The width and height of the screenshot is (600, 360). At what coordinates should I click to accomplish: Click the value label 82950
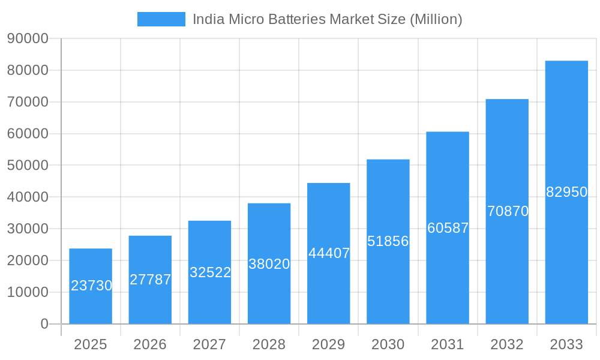click(x=566, y=192)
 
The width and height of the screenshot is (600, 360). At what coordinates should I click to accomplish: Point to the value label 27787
click(x=150, y=280)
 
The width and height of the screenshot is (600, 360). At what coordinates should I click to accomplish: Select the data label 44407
click(x=329, y=253)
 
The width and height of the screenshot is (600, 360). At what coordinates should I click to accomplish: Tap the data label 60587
click(x=448, y=228)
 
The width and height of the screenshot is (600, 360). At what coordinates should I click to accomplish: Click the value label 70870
click(x=508, y=211)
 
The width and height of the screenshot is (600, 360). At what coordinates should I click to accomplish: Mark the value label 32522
click(x=210, y=272)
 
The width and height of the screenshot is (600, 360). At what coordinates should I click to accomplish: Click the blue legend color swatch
click(x=161, y=19)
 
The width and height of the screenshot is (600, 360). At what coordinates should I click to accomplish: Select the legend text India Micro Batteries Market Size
click(x=327, y=19)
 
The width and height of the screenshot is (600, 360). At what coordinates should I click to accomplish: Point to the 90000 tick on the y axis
click(x=28, y=38)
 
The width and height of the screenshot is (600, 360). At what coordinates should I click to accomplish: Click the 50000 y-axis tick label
click(x=28, y=166)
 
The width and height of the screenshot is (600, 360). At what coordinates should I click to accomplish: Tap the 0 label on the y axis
click(x=44, y=324)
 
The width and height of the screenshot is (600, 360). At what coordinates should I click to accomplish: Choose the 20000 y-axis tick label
click(x=28, y=260)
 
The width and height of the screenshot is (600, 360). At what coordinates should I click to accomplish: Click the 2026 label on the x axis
click(x=150, y=344)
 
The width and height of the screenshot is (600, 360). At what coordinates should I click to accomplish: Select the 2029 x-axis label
click(x=329, y=344)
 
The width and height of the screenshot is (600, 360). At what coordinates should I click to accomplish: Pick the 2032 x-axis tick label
click(x=507, y=344)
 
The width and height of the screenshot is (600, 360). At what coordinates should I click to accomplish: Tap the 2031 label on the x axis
click(x=448, y=344)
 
